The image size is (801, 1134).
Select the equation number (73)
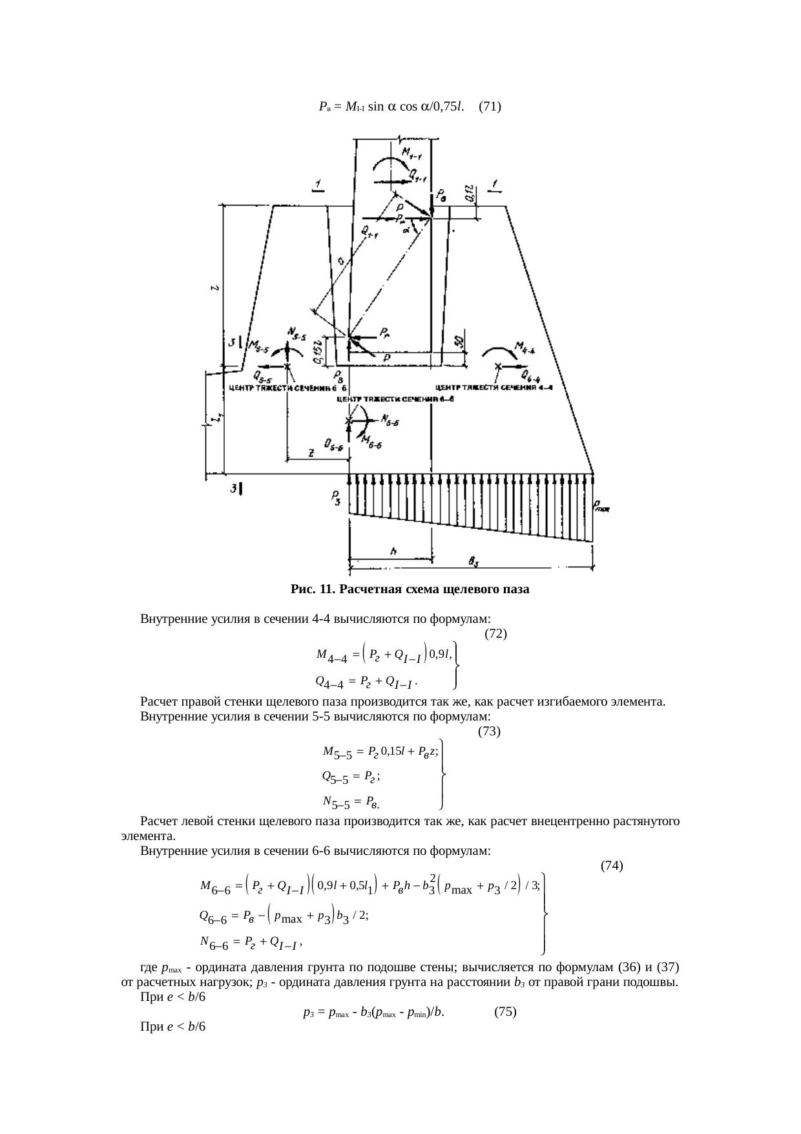tap(489, 731)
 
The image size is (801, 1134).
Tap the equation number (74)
tap(611, 865)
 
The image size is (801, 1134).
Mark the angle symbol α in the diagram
tap(406, 230)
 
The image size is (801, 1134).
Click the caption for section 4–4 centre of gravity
tap(494, 388)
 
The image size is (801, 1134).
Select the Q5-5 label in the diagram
tap(262, 376)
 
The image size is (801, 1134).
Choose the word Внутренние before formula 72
tap(171, 619)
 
